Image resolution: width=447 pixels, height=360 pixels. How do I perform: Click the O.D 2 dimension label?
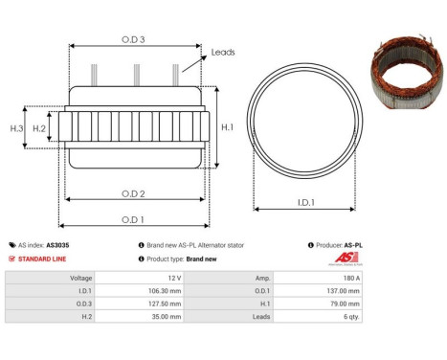coord(134,193)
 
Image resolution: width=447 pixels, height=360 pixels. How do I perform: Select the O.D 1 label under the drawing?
coord(134,219)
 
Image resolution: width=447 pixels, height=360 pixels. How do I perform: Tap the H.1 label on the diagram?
coord(227,126)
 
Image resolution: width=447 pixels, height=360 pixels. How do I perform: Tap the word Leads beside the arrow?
coord(222,53)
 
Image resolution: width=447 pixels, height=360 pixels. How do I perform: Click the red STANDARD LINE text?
coord(43,259)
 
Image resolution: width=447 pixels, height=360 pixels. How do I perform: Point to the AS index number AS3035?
coord(57,245)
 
